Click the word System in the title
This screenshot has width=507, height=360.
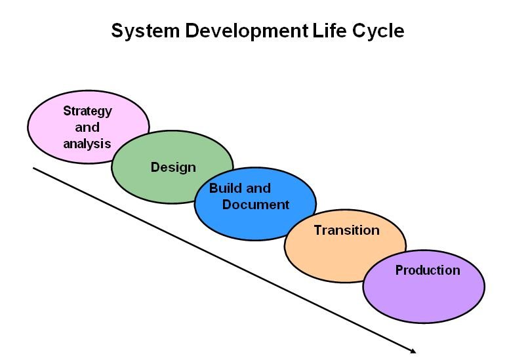[x=145, y=31]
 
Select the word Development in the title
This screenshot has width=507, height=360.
[x=247, y=31]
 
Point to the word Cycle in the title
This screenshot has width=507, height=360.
[x=378, y=31]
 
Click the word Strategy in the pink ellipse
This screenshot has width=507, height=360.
[x=87, y=111]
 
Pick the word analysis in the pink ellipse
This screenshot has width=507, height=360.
[x=87, y=144]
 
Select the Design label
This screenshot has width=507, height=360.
[x=173, y=168]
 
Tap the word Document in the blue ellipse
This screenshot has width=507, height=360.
[x=255, y=205]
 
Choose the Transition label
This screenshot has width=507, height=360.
[x=346, y=230]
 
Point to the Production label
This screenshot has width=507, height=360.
[x=428, y=270]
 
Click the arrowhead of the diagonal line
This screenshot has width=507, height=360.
[x=413, y=351]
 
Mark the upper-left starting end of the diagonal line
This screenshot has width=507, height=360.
[x=33, y=168]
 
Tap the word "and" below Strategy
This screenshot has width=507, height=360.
[x=87, y=127]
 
